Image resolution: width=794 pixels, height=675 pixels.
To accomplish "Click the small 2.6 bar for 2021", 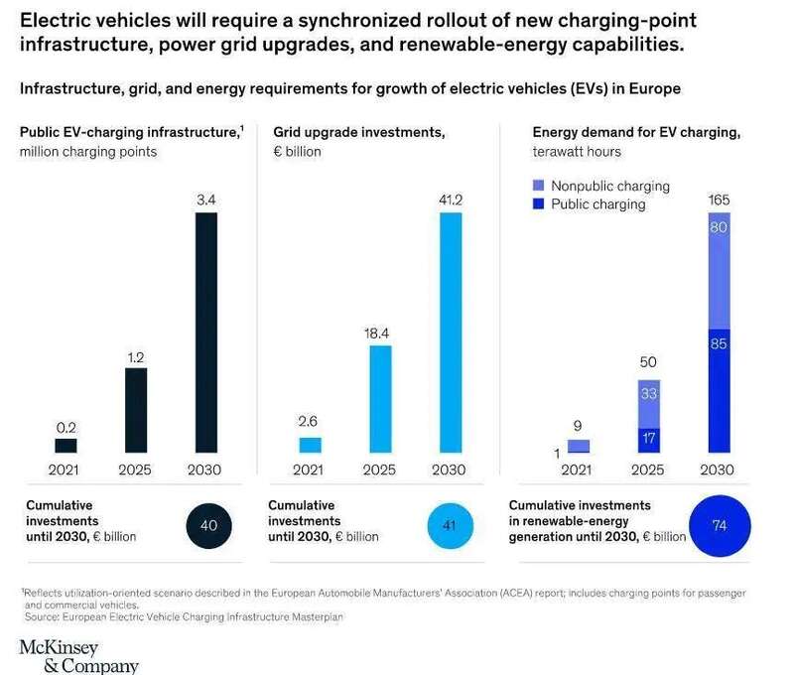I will (310, 445).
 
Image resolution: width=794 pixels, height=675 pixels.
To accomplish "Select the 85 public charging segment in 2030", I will (719, 390).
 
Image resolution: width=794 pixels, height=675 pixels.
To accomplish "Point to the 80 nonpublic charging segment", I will (719, 270).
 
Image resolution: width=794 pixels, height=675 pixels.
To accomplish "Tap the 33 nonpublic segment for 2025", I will (649, 404).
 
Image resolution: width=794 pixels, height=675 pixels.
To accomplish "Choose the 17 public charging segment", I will (649, 440).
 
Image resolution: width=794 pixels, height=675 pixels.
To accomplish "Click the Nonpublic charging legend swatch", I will (539, 186).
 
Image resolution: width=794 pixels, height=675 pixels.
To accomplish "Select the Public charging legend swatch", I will (539, 204).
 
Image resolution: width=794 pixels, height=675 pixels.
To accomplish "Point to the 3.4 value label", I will (205, 200).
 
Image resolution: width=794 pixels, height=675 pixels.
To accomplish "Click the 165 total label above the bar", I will (719, 200).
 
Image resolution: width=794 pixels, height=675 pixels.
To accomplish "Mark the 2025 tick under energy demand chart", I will (649, 470).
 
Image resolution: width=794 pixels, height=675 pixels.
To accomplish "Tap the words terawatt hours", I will (577, 151).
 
